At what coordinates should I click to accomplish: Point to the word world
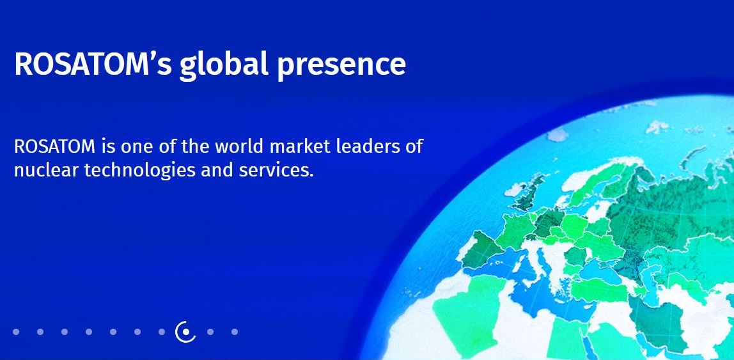point(241,146)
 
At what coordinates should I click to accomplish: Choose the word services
point(276,170)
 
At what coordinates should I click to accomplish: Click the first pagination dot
point(16,332)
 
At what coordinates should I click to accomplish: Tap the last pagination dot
point(235,332)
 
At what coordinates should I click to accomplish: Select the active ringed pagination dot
point(186,332)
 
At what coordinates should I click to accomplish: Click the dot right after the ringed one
point(210,332)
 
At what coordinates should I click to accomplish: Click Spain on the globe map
point(482,248)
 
